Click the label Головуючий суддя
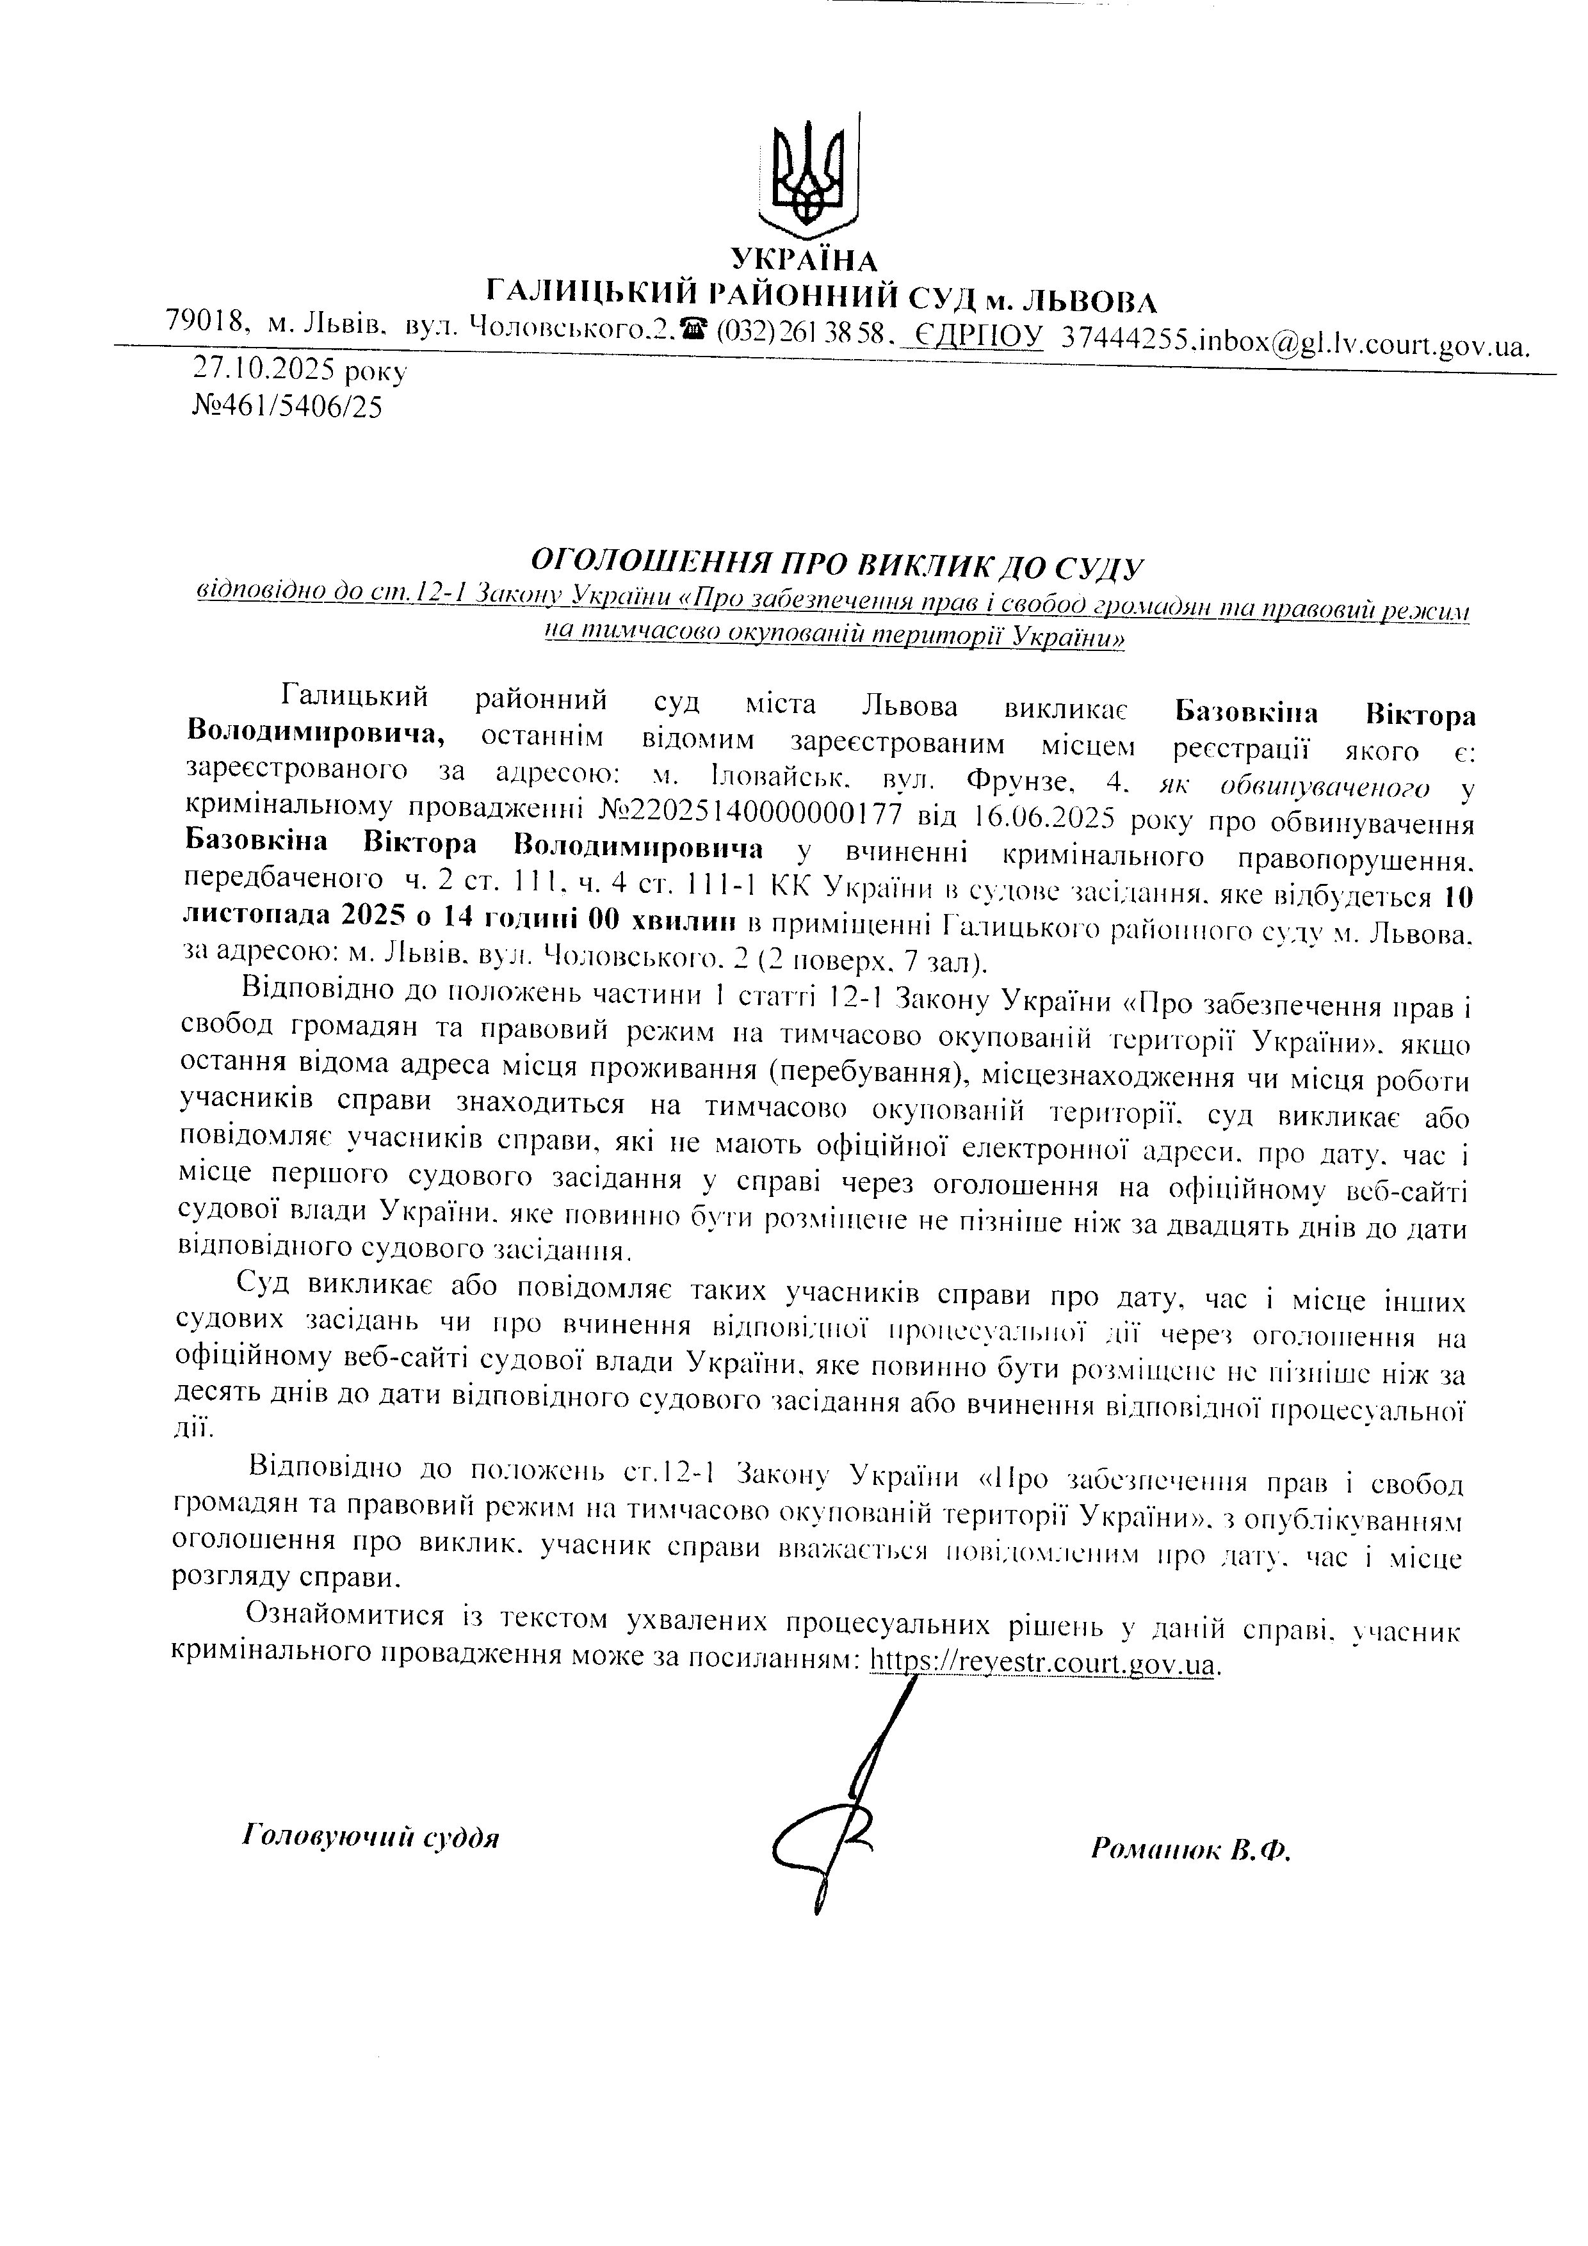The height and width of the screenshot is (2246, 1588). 370,1836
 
